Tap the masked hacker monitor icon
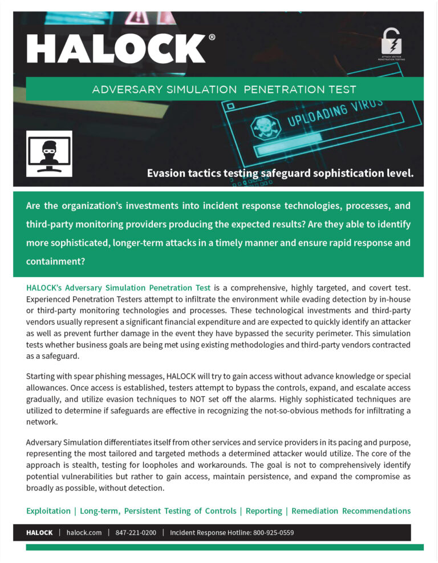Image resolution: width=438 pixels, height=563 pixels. click(49, 153)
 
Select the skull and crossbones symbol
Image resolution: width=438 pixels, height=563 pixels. click(264, 128)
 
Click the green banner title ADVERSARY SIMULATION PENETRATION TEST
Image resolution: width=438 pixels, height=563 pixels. click(224, 90)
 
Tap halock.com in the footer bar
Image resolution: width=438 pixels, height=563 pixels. click(84, 533)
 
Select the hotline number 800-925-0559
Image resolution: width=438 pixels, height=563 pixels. click(273, 533)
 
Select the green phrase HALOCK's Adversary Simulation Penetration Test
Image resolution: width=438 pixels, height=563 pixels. click(119, 287)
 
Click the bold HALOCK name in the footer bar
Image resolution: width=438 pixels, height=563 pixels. click(39, 533)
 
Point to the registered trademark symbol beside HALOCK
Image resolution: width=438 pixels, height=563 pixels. click(212, 37)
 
